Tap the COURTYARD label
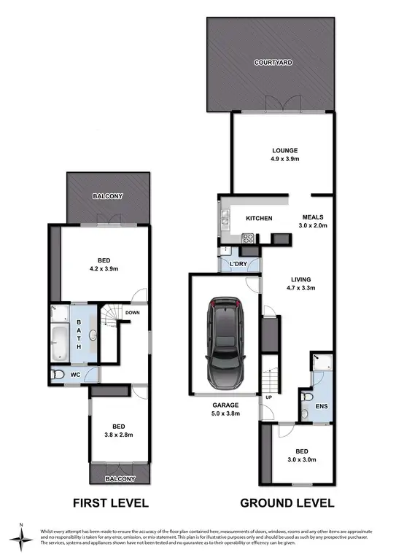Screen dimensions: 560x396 point(273,63)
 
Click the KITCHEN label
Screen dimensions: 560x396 point(259,218)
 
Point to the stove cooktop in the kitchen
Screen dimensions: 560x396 point(247,236)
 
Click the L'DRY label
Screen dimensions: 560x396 point(239,262)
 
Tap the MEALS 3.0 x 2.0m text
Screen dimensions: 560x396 point(314,221)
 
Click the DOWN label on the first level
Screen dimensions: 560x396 point(133,313)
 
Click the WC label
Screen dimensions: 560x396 point(74,375)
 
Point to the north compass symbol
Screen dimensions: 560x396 point(22,537)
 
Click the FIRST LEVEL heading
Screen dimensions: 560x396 point(110,503)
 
